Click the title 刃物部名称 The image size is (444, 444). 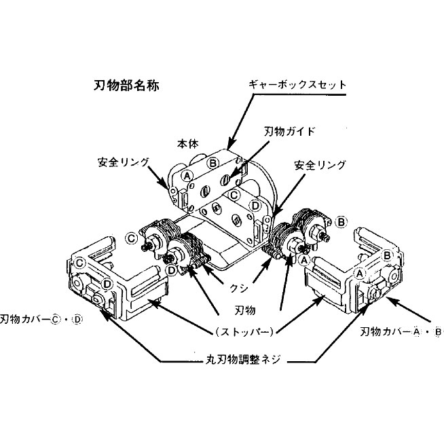point(126,86)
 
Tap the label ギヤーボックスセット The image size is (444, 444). point(297,86)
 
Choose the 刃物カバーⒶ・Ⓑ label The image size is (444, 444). point(401,332)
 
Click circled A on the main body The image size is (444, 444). point(185,175)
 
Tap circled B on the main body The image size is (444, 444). point(213,163)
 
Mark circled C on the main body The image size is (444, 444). point(234,195)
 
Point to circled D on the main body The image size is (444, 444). point(255,205)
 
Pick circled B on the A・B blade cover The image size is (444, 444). point(386,255)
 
